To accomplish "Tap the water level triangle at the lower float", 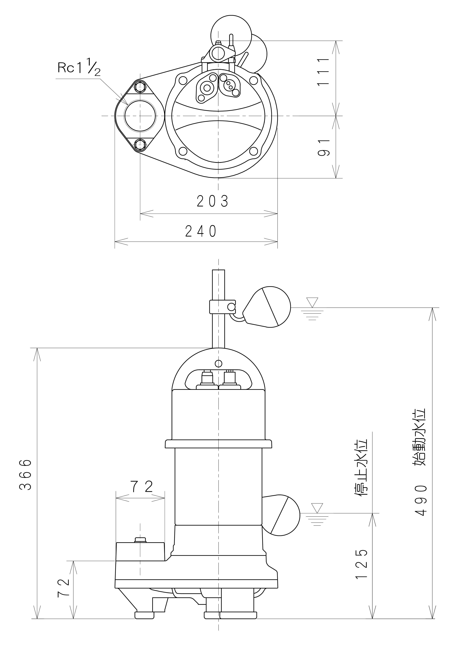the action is (317, 508).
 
